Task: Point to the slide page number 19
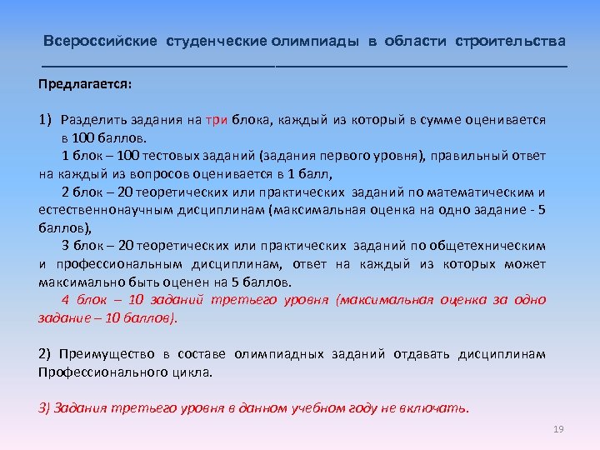(x=558, y=429)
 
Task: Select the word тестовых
(x=169, y=156)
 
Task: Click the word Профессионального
(x=96, y=372)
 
